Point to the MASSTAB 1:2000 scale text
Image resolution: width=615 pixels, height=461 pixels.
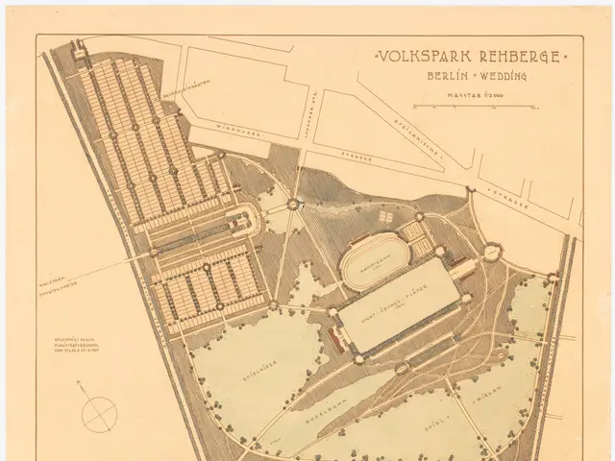[467, 93]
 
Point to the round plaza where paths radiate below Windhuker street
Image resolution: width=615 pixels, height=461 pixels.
[292, 205]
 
